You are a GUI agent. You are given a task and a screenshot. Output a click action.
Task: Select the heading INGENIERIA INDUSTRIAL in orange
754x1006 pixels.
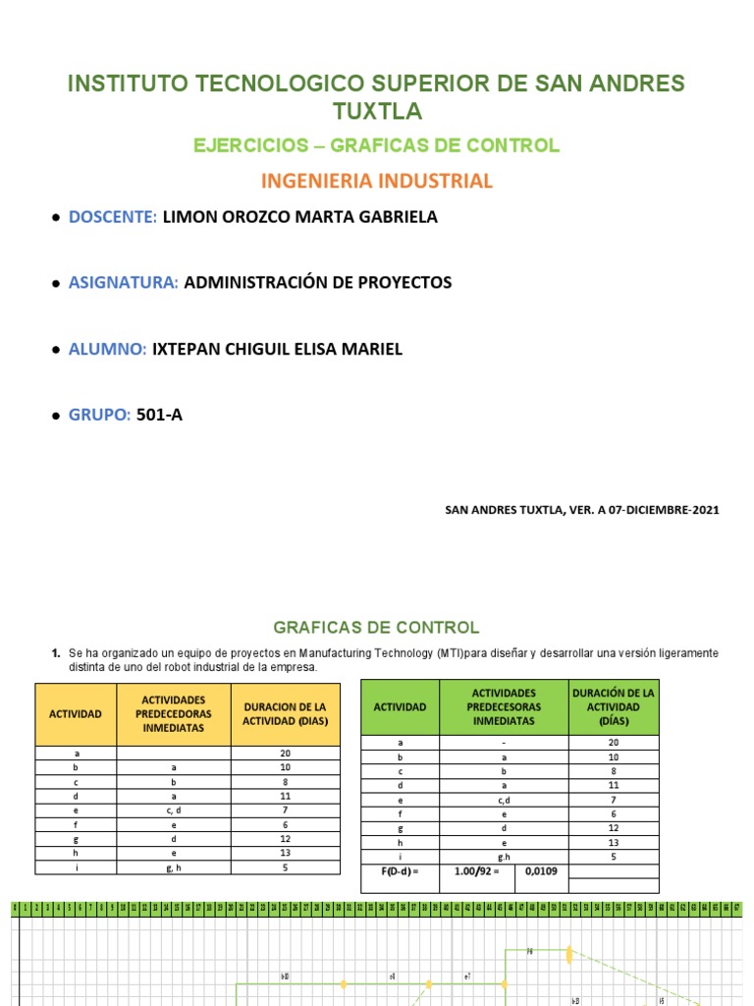click(376, 181)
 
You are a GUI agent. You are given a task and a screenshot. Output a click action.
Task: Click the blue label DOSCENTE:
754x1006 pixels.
click(112, 217)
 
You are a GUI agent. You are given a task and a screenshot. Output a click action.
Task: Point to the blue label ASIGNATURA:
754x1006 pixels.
click(123, 283)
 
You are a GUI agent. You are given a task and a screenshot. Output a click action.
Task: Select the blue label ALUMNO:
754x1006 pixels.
click(107, 350)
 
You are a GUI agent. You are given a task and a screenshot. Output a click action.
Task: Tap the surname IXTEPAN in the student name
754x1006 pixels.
click(188, 350)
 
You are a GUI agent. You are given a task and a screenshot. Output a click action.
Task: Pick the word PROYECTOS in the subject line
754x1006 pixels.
click(403, 283)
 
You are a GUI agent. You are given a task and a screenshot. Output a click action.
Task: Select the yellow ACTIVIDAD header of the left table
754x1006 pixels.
click(76, 714)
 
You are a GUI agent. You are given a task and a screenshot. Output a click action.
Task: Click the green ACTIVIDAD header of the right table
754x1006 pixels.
click(400, 707)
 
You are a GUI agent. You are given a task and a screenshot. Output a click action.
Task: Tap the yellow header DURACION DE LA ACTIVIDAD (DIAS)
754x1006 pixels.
click(285, 714)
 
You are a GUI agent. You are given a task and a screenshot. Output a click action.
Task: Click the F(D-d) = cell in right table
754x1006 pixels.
click(400, 870)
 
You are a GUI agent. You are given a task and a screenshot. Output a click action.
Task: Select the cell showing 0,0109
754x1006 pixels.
click(540, 870)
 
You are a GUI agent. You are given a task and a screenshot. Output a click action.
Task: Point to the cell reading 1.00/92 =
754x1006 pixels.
click(476, 870)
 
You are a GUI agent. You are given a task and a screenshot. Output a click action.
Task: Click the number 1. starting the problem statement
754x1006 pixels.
click(56, 652)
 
